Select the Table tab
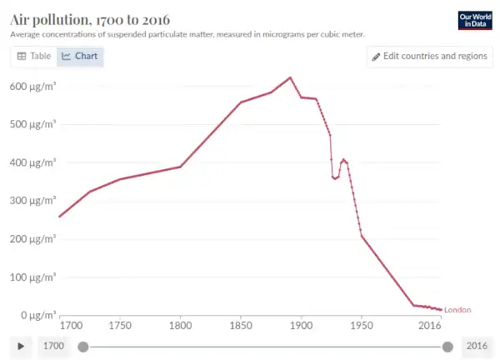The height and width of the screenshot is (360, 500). click(34, 56)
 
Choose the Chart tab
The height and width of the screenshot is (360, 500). click(80, 56)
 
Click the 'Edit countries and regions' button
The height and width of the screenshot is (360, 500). click(429, 56)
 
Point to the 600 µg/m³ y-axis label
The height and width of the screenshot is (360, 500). click(32, 86)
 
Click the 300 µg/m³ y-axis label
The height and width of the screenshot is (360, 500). click(32, 201)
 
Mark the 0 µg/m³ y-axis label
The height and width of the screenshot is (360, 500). click(37, 315)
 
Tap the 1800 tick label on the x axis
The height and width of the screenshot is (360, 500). click(180, 325)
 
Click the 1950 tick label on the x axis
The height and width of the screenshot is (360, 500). click(362, 325)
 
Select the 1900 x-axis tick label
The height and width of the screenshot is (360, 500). click(301, 325)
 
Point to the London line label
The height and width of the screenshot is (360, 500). click(457, 310)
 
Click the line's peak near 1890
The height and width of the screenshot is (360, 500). click(290, 77)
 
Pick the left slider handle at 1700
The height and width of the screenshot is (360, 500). click(82, 346)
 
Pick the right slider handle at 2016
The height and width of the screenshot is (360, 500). click(447, 346)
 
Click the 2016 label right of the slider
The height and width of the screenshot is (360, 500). click(477, 346)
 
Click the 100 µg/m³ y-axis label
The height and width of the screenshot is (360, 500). click(32, 277)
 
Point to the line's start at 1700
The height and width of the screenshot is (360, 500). click(60, 217)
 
